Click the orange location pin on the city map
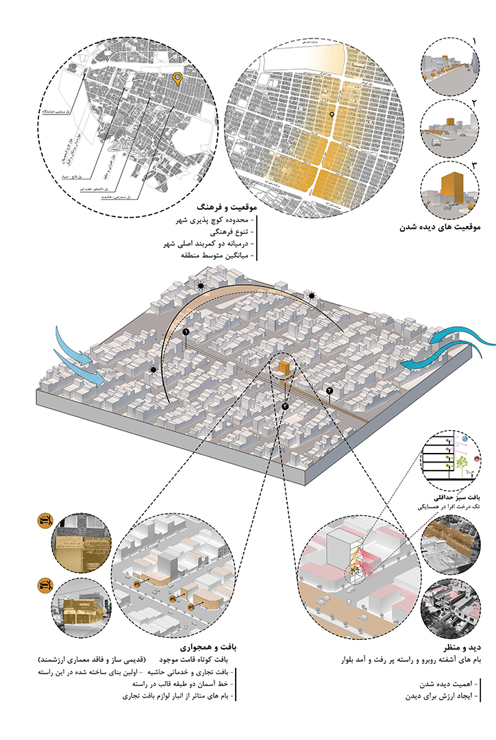177,79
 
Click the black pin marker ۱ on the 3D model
185,332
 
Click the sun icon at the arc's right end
312,295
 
